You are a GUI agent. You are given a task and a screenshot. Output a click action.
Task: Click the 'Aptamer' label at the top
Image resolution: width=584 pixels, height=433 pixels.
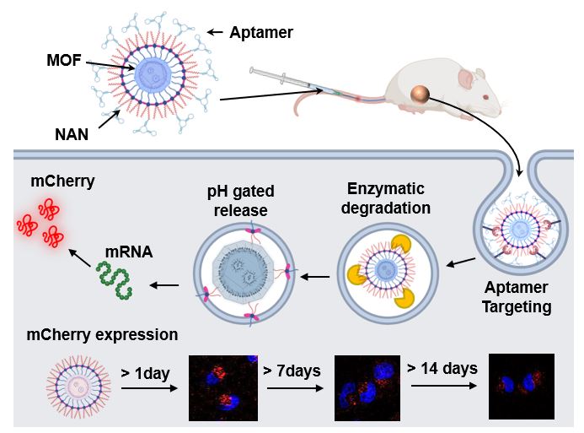(x=262, y=33)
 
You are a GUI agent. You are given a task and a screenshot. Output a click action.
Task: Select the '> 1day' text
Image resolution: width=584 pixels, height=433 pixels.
(x=145, y=372)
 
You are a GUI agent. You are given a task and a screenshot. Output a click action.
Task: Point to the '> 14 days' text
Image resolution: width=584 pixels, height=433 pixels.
(x=442, y=368)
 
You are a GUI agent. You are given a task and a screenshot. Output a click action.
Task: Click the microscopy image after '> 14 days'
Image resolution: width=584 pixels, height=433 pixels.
(x=522, y=387)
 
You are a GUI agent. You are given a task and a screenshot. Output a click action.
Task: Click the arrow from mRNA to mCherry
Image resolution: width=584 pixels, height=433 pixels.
(x=81, y=256)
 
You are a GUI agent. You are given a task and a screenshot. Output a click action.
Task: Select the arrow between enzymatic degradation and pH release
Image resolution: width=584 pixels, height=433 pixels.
(x=316, y=275)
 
